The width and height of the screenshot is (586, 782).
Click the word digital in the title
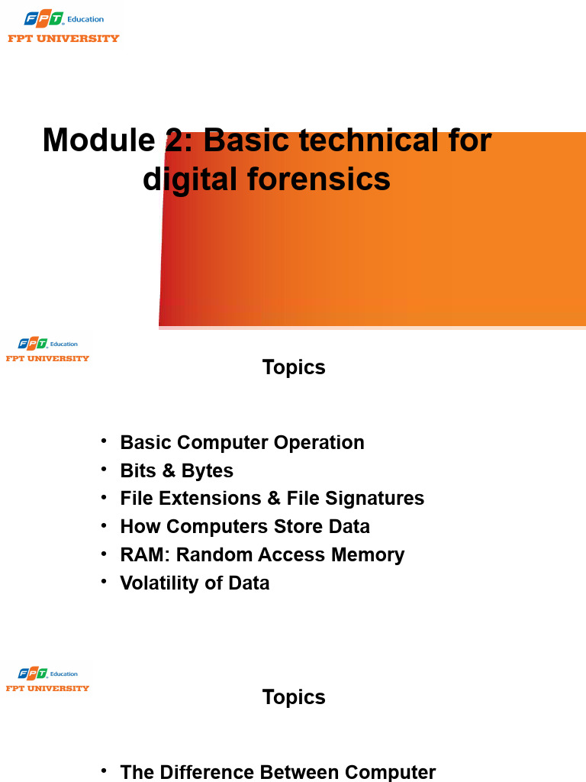tap(189, 179)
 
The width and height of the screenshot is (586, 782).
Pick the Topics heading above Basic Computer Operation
tap(294, 367)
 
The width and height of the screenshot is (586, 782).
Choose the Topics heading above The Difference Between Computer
tap(294, 697)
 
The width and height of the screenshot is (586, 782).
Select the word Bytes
tap(208, 470)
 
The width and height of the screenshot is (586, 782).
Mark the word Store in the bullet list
tap(291, 526)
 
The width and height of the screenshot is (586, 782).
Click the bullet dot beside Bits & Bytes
tap(104, 469)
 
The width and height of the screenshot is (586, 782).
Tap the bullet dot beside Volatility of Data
tap(104, 581)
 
